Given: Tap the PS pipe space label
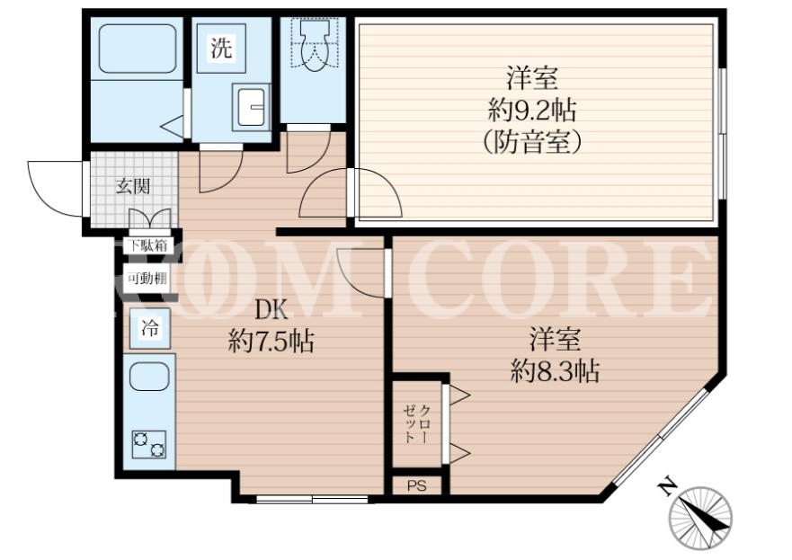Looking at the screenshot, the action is [x=417, y=485].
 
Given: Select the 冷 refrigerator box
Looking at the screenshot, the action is [x=149, y=329].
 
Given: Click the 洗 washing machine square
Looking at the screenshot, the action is [x=221, y=49].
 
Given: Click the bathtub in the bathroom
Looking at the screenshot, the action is [x=137, y=49].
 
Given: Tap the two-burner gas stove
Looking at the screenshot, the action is [x=149, y=444].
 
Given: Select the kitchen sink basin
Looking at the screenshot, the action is [x=148, y=378].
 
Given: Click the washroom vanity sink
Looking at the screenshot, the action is [x=251, y=107].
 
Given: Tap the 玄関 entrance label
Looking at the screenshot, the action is [x=133, y=186].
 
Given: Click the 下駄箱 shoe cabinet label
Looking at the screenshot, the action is [x=147, y=246].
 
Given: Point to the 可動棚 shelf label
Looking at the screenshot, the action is [x=147, y=279].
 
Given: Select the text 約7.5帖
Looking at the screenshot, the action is [x=271, y=341].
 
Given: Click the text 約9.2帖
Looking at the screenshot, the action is [x=532, y=111].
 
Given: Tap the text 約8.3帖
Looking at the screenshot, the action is [x=555, y=371].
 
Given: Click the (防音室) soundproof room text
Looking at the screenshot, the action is [x=532, y=142].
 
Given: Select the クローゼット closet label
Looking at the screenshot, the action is [x=416, y=423].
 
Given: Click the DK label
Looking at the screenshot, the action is [x=271, y=310].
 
